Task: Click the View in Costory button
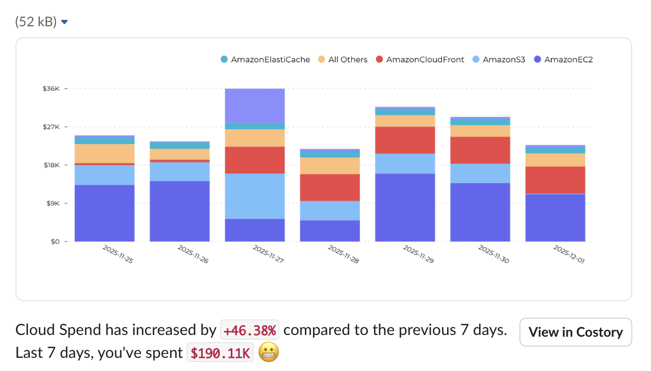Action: [576, 332]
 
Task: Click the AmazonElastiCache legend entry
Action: [266, 59]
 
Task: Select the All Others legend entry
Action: [343, 59]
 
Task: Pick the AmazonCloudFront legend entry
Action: [420, 59]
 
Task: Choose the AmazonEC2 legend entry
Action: [563, 59]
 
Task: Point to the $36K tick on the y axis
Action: [51, 89]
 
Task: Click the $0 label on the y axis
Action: [54, 242]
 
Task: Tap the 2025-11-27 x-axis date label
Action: [267, 254]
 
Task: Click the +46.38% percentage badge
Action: [250, 330]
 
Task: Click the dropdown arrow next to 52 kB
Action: [65, 22]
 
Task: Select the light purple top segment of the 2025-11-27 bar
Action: [255, 105]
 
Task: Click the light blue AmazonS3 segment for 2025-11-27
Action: [255, 196]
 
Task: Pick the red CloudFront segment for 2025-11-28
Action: [329, 188]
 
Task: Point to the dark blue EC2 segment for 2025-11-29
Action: [405, 208]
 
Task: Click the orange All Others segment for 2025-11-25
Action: [105, 153]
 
